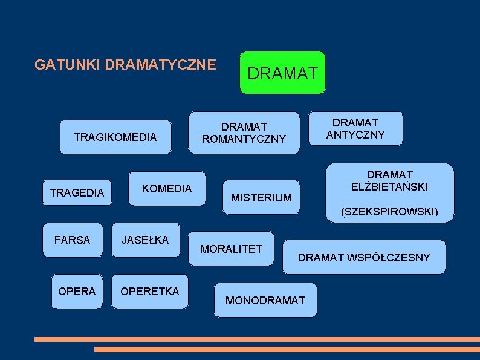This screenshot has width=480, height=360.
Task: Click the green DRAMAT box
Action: [282, 73]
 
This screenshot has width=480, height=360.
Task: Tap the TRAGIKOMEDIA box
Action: [115, 137]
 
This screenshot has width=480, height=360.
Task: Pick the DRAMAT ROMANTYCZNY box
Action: [244, 133]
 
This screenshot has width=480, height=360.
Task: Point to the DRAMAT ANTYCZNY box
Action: [355, 128]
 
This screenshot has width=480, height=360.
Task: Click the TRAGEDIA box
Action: [77, 193]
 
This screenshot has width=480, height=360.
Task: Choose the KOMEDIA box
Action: [166, 189]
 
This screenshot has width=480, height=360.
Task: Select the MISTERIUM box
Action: [261, 197]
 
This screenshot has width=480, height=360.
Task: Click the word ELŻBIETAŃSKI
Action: [389, 187]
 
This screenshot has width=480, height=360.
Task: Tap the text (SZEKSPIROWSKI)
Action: [389, 212]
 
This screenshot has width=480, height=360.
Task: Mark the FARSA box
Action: [72, 240]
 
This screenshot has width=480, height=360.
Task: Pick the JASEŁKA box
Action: [145, 240]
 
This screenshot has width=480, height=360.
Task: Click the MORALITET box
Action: [231, 249]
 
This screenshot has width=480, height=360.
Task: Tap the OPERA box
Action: [77, 292]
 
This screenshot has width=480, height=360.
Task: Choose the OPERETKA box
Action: [150, 292]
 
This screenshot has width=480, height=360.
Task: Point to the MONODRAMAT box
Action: [265, 300]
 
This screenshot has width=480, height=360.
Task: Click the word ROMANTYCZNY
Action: [244, 139]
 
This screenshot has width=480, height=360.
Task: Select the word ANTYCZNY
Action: [355, 135]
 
